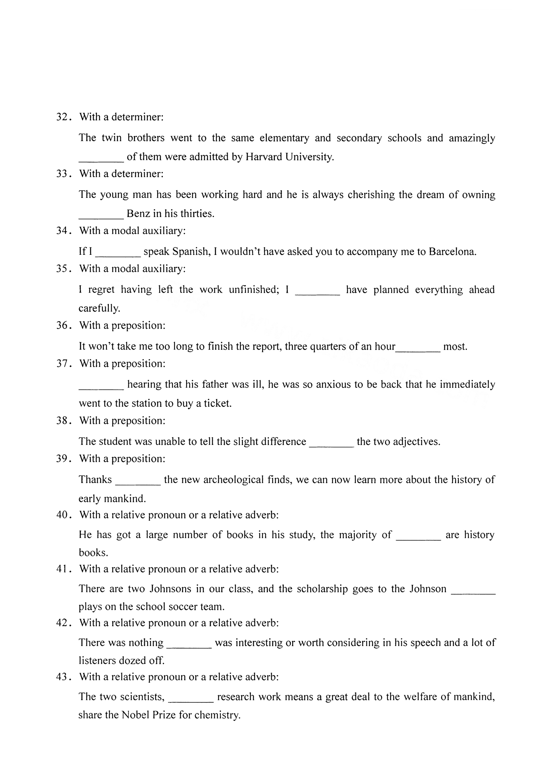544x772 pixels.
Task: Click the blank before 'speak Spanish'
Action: click(x=118, y=252)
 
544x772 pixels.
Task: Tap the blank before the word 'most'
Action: click(x=418, y=347)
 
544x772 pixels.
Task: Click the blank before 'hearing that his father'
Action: click(x=101, y=385)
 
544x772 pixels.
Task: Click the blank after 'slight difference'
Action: click(x=331, y=442)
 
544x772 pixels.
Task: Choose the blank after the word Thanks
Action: click(x=138, y=480)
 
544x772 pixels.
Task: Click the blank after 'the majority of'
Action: click(x=418, y=535)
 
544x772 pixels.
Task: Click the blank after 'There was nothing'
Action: click(x=189, y=643)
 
